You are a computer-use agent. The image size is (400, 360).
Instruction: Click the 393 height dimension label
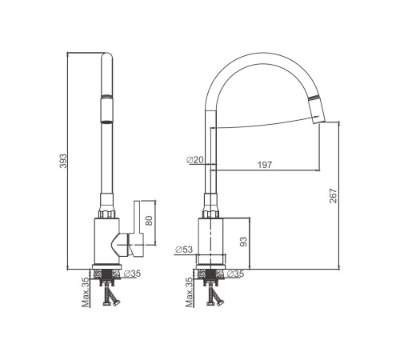(x=63, y=161)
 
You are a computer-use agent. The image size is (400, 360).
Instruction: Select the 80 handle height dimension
(x=149, y=221)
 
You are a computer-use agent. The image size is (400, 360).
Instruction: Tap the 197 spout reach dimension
(x=265, y=165)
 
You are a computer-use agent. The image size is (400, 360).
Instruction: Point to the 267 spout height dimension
(x=333, y=196)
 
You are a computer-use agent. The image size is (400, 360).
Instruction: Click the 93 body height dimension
(x=243, y=242)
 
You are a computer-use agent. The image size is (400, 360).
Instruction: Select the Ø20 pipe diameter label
(x=194, y=160)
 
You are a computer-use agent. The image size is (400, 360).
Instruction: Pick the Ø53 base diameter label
(x=184, y=250)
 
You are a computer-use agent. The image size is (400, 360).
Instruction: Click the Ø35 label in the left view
(x=132, y=274)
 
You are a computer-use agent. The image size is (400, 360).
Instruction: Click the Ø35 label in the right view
(x=235, y=274)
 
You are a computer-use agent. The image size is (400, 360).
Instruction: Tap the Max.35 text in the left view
(x=86, y=292)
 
